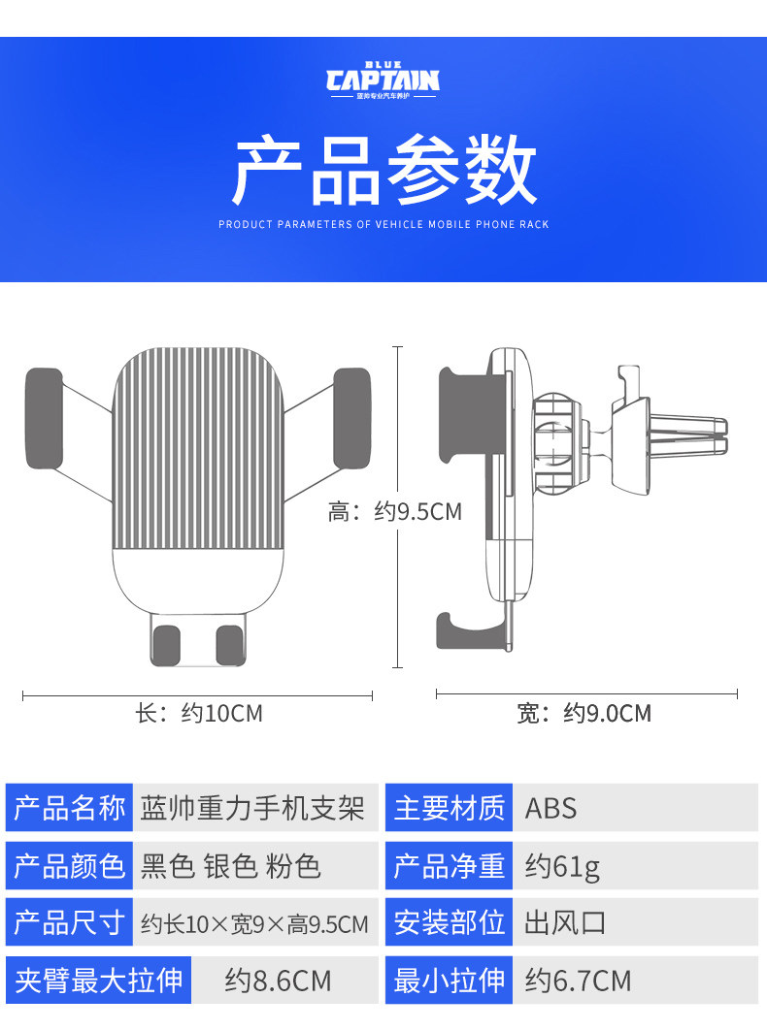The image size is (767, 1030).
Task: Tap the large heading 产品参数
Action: click(x=383, y=171)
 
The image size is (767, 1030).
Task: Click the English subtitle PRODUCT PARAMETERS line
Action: click(x=383, y=224)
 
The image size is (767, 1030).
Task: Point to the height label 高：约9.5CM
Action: click(x=394, y=511)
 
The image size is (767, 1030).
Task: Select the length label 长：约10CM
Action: click(x=199, y=714)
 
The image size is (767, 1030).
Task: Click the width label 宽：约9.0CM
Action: click(x=584, y=714)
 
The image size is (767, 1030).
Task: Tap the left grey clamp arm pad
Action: click(x=44, y=417)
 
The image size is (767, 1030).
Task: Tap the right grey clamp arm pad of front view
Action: click(x=351, y=417)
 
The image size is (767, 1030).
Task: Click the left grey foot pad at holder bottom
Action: click(x=167, y=645)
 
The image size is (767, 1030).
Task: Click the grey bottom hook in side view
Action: click(x=469, y=630)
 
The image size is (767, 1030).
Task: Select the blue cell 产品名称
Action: click(x=70, y=807)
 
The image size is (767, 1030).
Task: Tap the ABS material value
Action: click(x=550, y=808)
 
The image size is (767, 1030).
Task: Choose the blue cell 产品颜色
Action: click(x=70, y=865)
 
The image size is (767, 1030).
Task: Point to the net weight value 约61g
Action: click(x=562, y=865)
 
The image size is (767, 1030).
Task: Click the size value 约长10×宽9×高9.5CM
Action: click(x=254, y=923)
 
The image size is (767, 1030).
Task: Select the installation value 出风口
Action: click(x=566, y=922)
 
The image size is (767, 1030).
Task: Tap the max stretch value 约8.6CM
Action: click(x=278, y=981)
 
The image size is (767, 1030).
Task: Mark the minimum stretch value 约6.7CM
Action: click(x=578, y=981)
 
